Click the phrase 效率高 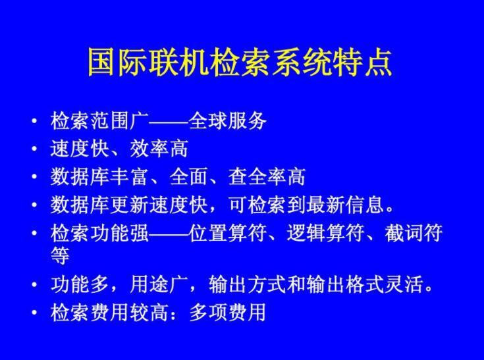click(x=159, y=149)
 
